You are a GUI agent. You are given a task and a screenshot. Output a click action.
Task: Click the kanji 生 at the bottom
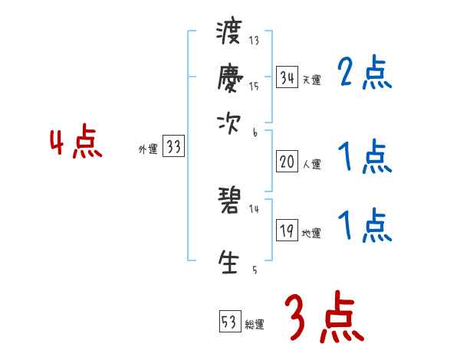229,261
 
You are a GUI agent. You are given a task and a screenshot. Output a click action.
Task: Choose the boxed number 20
287,162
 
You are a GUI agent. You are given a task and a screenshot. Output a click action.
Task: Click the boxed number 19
287,231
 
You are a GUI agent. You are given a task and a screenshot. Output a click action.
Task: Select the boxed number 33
173,147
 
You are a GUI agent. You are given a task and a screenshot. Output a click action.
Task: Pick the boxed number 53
229,322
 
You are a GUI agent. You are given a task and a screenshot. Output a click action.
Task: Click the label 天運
311,80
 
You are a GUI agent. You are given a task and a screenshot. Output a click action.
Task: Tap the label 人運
311,164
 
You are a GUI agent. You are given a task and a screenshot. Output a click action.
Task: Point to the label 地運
311,234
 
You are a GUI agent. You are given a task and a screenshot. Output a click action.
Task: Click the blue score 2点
364,74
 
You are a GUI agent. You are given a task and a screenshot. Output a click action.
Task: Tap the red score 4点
75,143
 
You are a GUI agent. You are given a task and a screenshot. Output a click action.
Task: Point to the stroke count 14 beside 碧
254,208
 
